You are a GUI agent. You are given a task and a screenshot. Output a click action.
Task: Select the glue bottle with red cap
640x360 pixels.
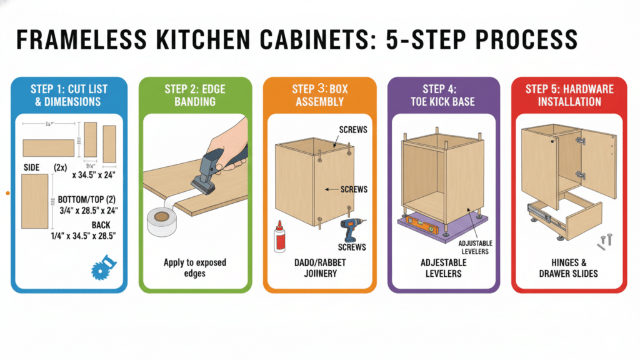pyautogui.click(x=279, y=238)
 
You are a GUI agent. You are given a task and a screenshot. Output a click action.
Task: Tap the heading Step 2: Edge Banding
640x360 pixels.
pyautogui.click(x=195, y=95)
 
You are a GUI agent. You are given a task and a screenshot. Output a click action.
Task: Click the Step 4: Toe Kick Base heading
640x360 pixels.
pyautogui.click(x=444, y=95)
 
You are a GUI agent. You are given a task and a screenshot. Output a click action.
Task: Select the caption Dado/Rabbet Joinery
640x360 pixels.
pyautogui.click(x=319, y=267)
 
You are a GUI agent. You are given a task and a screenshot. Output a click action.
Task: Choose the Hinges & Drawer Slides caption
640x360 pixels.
pyautogui.click(x=568, y=267)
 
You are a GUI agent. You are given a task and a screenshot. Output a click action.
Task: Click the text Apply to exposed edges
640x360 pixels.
pyautogui.click(x=195, y=267)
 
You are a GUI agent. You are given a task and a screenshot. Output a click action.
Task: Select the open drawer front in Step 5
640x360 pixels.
pyautogui.click(x=581, y=216)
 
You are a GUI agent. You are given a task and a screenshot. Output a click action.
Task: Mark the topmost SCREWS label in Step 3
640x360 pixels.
pyautogui.click(x=353, y=130)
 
